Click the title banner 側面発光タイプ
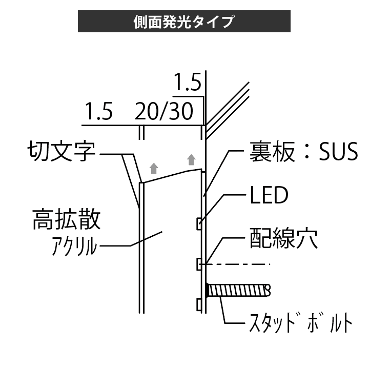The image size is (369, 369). pos(184,22)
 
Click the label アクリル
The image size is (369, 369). pos(74,247)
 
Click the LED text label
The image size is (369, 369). pos(269,195)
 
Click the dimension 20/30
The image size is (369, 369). pos(164,111)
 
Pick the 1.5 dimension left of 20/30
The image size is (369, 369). pos(98,111)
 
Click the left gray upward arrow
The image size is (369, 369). pos(152,168)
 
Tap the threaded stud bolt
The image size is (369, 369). pos(238,291)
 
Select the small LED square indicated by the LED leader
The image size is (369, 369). pos(198,223)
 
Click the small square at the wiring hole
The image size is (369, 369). pos(198,264)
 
